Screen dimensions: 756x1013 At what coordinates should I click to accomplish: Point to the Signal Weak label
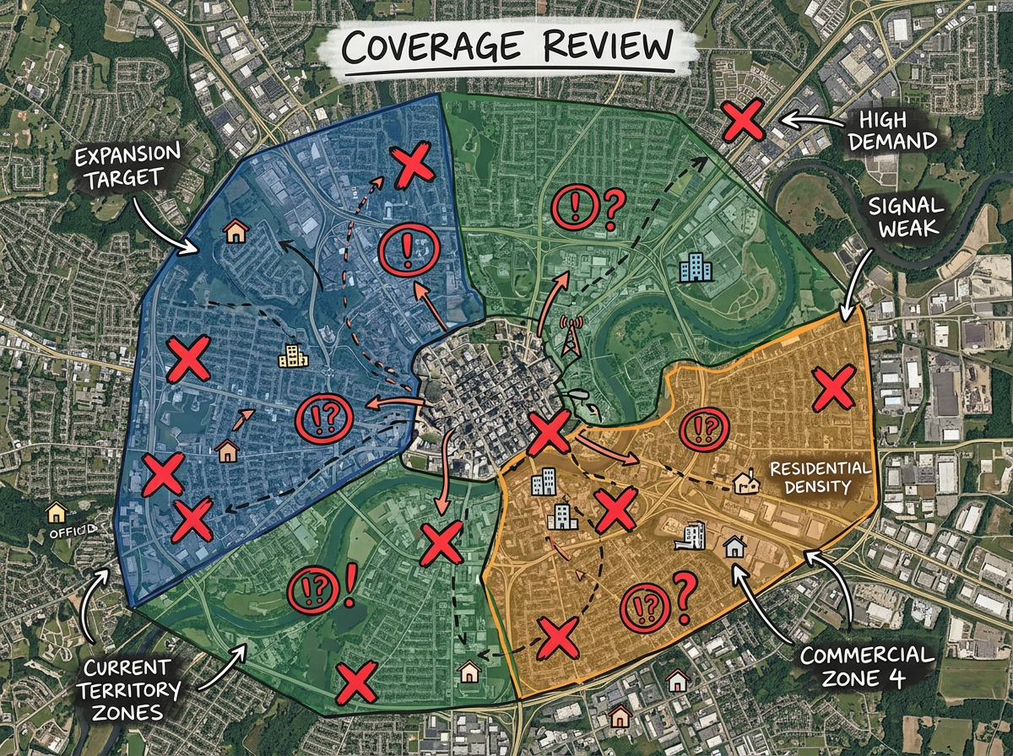pyautogui.click(x=907, y=218)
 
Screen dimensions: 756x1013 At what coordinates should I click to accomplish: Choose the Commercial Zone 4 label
pyautogui.click(x=866, y=666)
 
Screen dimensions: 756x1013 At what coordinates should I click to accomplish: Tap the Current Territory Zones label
pyautogui.click(x=133, y=689)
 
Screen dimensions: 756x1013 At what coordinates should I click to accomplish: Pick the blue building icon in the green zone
pyautogui.click(x=696, y=268)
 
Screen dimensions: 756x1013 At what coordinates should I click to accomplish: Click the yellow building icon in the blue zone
pyautogui.click(x=294, y=357)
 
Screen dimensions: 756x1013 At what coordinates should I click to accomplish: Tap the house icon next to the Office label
pyautogui.click(x=56, y=511)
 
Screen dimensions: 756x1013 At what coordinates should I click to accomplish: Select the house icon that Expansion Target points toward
pyautogui.click(x=236, y=230)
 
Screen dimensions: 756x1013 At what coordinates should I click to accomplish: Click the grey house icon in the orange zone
pyautogui.click(x=734, y=547)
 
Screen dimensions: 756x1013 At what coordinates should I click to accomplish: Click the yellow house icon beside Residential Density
pyautogui.click(x=745, y=483)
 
